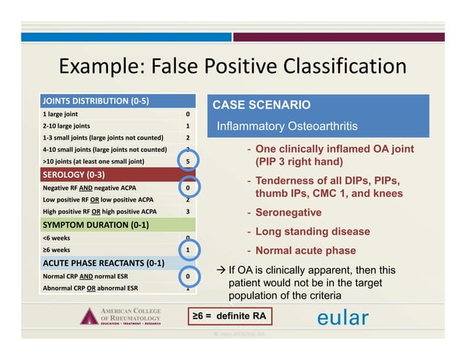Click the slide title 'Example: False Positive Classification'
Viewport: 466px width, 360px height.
coord(232,66)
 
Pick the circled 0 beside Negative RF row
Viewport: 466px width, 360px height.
coord(188,188)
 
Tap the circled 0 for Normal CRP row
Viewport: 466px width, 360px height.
coord(188,277)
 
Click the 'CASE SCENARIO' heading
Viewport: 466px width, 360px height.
coord(261,105)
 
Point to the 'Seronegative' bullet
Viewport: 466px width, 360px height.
coord(288,212)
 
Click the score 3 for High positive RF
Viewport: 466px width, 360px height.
coord(188,212)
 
